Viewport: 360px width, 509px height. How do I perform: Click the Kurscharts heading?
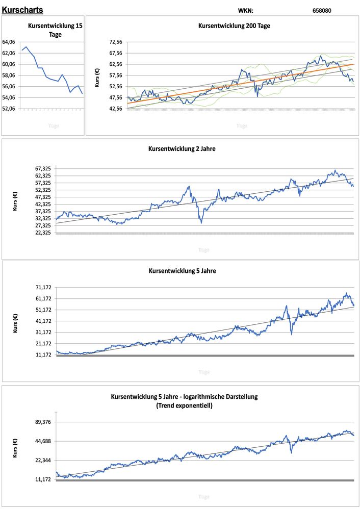(22, 10)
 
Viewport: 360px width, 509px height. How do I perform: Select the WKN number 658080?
(322, 10)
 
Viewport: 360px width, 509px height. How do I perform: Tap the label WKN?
(245, 10)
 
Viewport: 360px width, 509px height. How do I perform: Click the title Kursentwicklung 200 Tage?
(234, 26)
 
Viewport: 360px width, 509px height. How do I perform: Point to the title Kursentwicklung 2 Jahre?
(182, 149)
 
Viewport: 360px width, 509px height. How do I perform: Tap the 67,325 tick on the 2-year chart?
(43, 168)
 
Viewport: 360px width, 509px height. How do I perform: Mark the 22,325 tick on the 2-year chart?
(43, 233)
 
